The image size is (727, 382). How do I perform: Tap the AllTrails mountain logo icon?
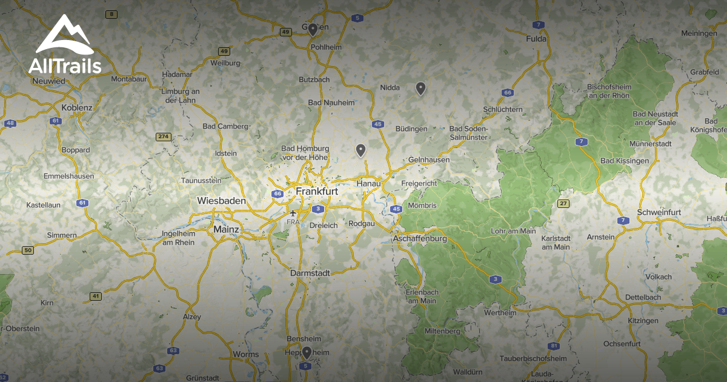coord(64,36)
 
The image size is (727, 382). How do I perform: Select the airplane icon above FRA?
coord(293,213)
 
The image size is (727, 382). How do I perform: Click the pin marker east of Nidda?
coord(420,89)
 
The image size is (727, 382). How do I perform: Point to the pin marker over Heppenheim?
coord(307,352)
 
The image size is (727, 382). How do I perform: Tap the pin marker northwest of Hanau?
coord(360,150)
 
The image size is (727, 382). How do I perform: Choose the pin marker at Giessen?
coord(313,28)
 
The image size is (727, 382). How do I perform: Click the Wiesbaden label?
coord(221,201)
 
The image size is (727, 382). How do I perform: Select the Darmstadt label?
coord(310,273)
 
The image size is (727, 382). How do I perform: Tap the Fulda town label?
coord(536,39)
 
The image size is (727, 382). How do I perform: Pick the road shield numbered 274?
coord(162,136)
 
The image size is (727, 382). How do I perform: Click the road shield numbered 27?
coord(563,203)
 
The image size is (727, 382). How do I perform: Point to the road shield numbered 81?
coord(553,346)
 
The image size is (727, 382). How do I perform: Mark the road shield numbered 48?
coord(10,124)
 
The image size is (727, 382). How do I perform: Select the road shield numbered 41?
coord(95,296)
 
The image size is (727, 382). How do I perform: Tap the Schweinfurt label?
coord(659,212)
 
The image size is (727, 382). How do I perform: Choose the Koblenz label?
coord(77,108)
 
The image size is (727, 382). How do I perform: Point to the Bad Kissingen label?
coord(624,161)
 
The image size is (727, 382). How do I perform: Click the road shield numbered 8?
coord(110,14)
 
